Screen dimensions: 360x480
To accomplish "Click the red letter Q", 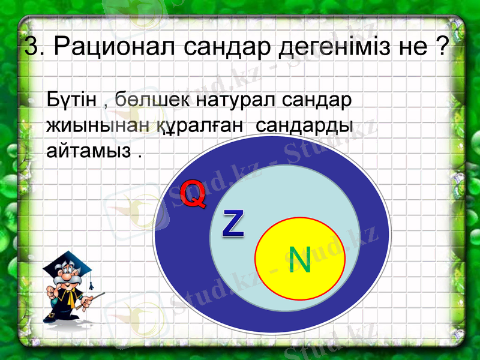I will pos(193,194).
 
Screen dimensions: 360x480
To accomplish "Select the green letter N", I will pos(299,260).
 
